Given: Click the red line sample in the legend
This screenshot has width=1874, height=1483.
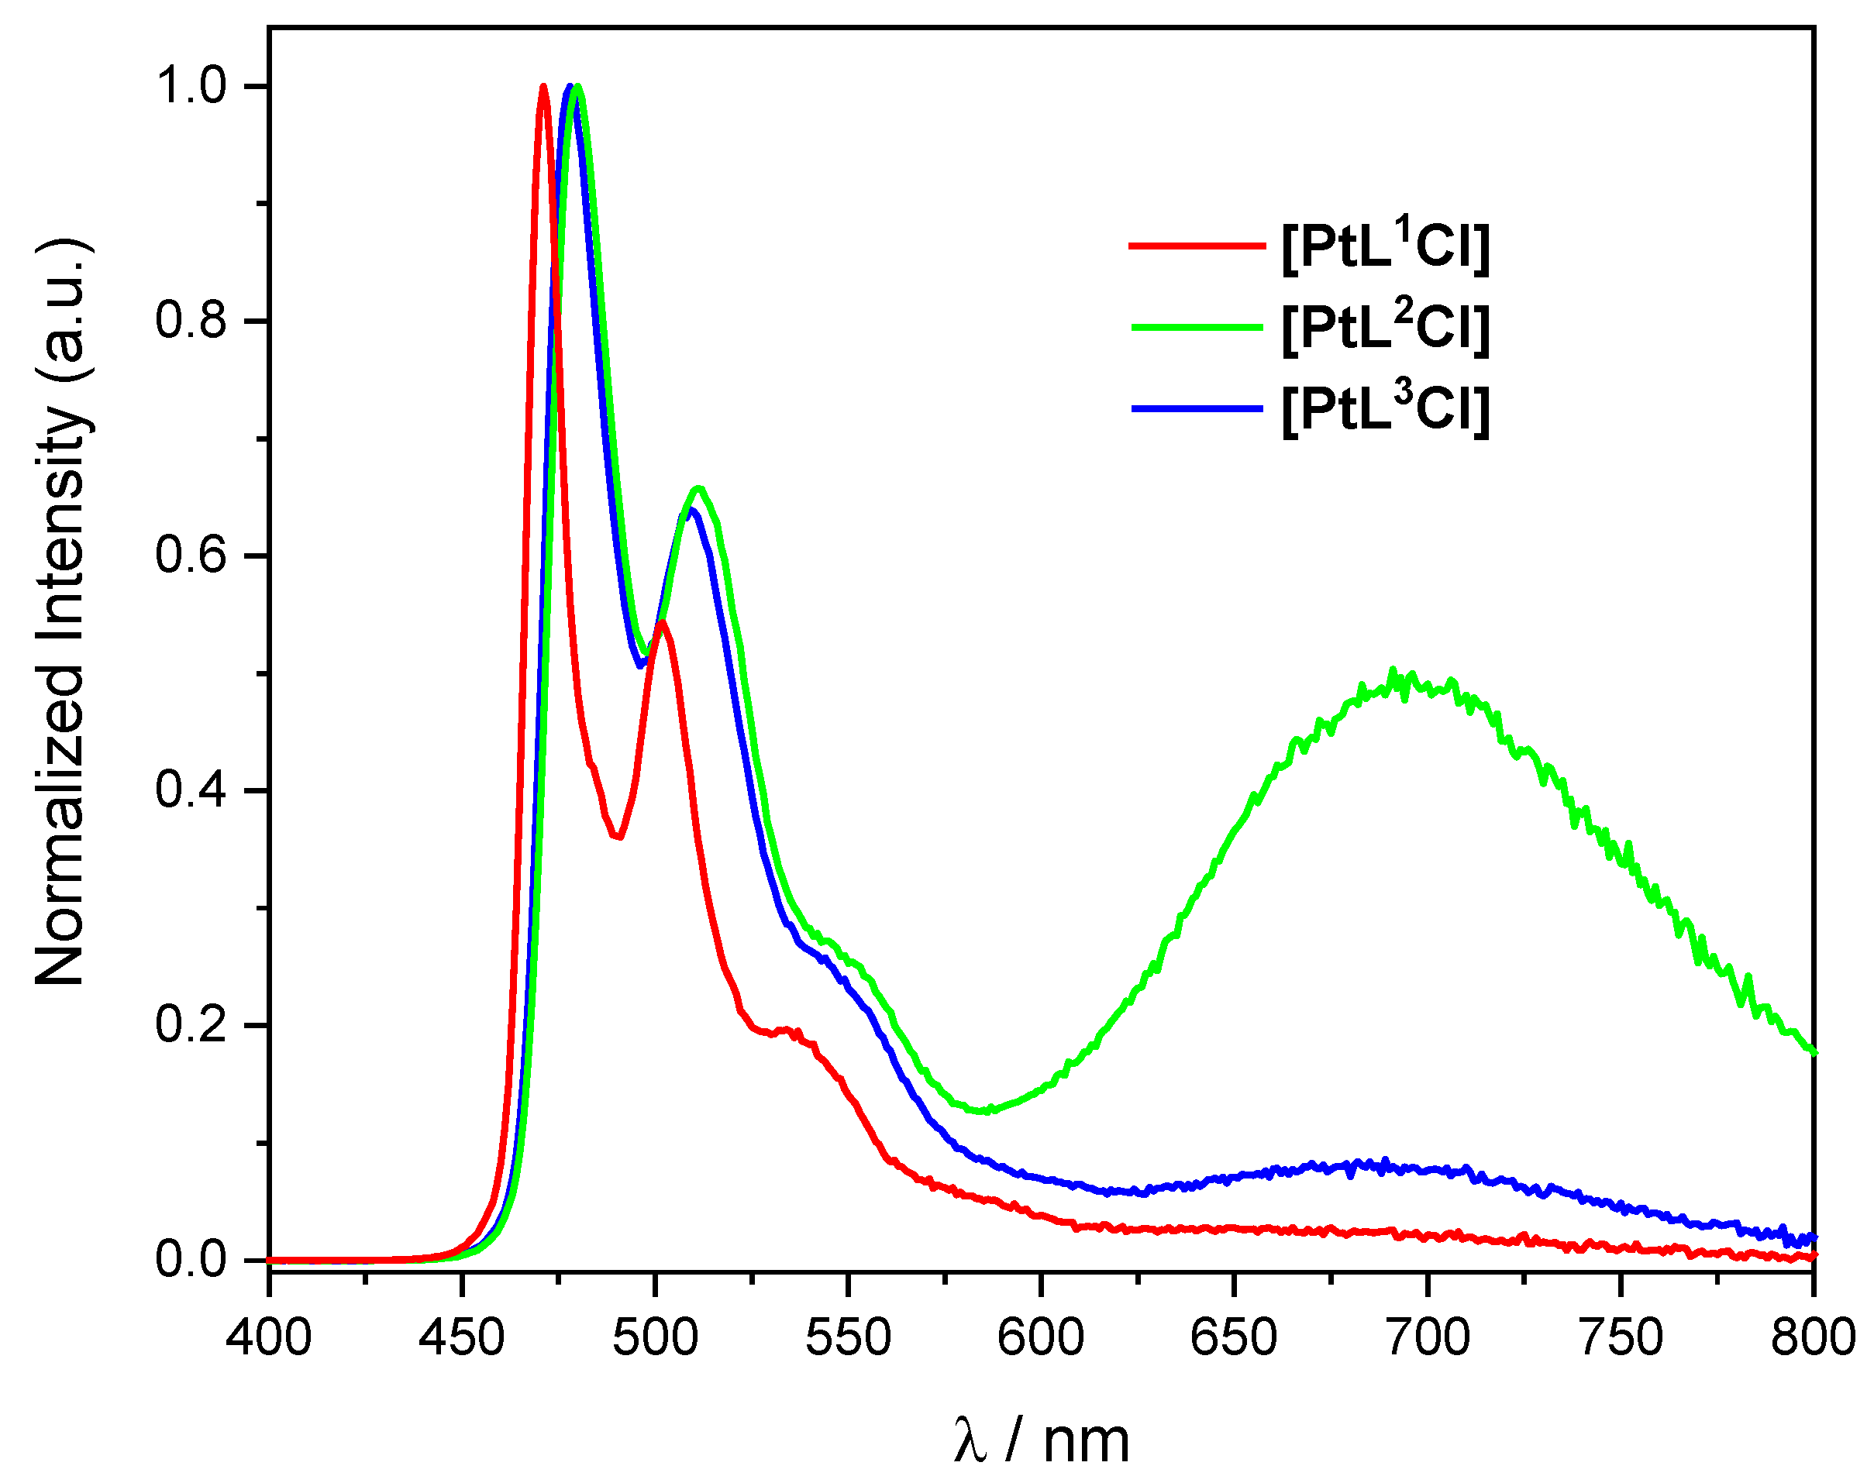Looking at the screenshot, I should click(1197, 246).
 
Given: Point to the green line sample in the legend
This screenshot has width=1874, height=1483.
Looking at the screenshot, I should click(1197, 327).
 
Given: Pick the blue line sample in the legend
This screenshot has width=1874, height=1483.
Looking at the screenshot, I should click(1197, 408).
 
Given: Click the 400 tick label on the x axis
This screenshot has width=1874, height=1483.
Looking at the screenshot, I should click(268, 1337).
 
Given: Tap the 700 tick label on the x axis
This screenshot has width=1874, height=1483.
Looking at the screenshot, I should click(1427, 1337).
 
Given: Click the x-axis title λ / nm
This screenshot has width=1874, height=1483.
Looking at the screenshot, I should click(1040, 1441).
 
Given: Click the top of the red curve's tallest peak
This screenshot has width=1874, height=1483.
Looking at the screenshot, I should click(543, 86).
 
